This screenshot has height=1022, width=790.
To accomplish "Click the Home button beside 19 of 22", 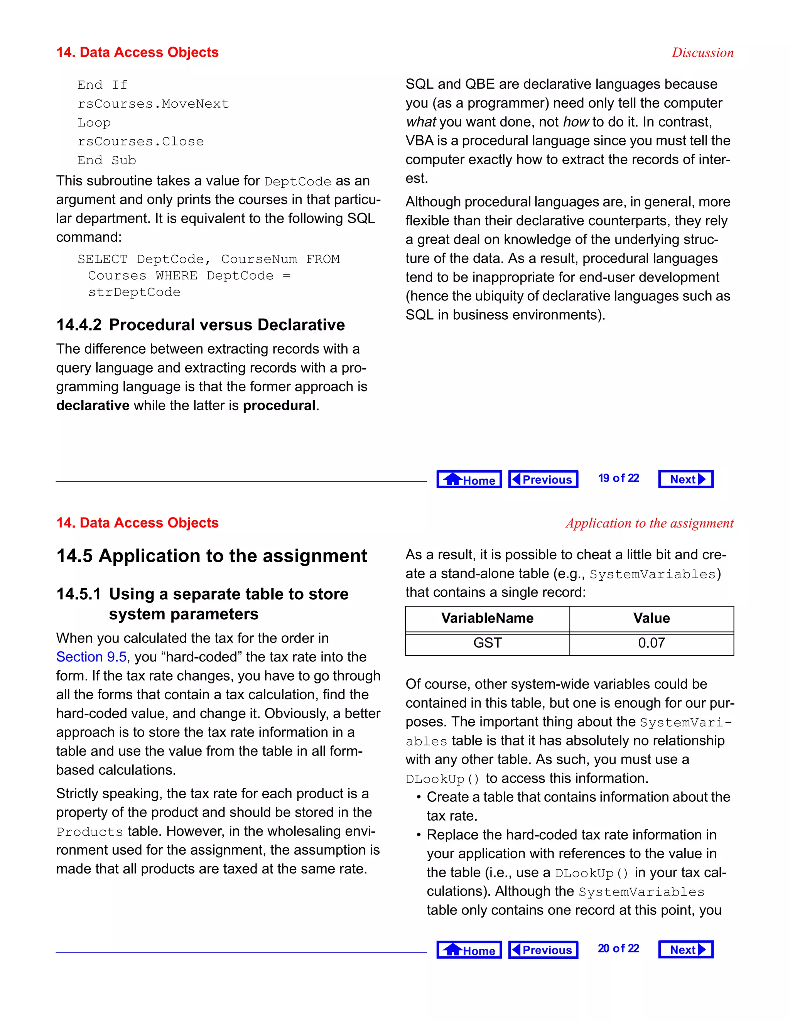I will [469, 479].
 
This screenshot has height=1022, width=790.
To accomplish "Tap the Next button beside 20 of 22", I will [685, 949].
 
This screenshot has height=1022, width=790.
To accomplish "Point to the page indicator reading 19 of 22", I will [618, 478].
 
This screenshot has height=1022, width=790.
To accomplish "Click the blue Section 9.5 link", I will [91, 657].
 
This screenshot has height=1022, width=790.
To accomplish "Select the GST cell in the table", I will [487, 643].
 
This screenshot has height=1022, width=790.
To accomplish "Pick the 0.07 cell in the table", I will [651, 643].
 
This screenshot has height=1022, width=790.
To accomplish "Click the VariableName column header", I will [487, 618].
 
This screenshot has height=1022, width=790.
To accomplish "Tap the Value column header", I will [651, 618].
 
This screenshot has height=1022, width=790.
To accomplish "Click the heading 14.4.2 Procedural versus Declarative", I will [200, 325].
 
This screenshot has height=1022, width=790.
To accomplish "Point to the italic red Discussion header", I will [702, 52].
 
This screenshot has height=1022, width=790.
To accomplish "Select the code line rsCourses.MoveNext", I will [153, 104].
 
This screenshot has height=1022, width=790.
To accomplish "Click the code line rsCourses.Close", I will [140, 141].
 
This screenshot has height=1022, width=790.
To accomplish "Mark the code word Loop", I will [94, 123].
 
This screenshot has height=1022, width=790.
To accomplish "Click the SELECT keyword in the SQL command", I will [103, 259].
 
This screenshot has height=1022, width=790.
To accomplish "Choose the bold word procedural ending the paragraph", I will [279, 405].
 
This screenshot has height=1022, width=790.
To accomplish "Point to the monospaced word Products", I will [89, 832].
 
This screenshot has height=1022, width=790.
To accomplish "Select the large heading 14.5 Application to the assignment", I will [211, 556].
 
